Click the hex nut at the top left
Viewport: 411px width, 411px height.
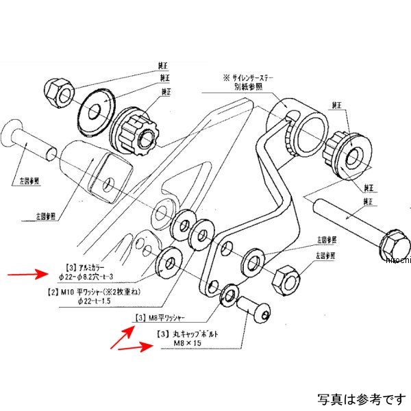(x=56, y=90)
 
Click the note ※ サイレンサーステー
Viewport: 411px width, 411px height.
(x=246, y=78)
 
